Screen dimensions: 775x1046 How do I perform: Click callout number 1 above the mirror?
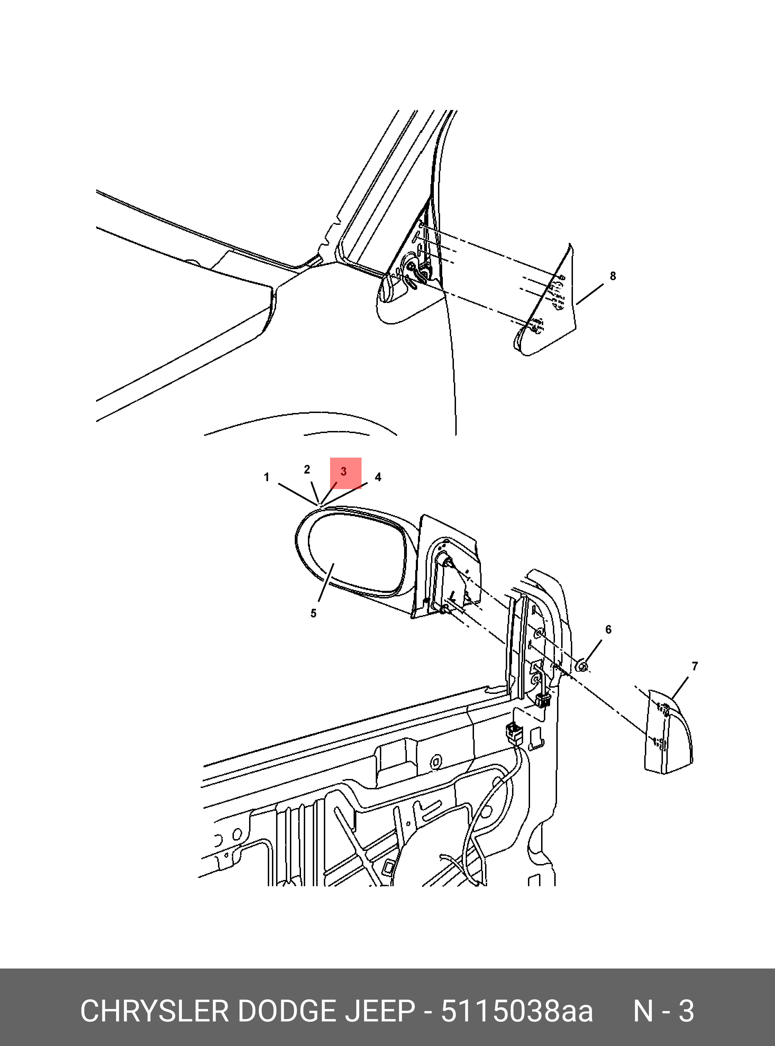pos(266,477)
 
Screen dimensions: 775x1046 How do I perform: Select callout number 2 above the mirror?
pos(307,469)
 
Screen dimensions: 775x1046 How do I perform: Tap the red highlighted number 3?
pos(344,471)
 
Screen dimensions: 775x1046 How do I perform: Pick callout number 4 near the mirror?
pos(378,477)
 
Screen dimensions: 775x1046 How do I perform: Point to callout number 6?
pos(609,630)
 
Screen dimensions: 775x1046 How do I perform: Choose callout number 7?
pos(695,666)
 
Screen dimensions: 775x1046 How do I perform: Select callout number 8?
pos(613,276)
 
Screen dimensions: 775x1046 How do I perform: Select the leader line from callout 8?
pos(590,294)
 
